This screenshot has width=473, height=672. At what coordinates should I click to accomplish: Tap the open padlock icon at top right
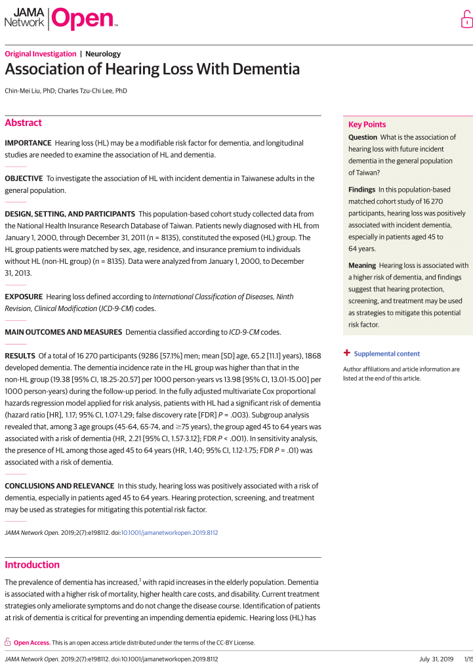tap(466, 20)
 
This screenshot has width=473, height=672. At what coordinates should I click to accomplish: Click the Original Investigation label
tap(40, 54)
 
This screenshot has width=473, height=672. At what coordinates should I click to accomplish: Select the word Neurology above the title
tap(103, 54)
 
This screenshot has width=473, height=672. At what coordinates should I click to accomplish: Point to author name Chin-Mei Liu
tap(29, 91)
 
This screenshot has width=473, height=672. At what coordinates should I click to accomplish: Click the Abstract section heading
tap(23, 123)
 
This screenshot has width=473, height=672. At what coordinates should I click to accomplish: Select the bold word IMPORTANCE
tap(28, 142)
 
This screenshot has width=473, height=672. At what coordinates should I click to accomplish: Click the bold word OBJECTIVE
tap(24, 178)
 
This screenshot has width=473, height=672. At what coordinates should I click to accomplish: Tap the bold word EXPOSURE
tap(23, 297)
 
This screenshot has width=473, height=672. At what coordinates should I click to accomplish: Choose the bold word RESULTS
tap(20, 356)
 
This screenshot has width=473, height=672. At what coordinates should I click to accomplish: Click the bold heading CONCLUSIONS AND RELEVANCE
tap(58, 486)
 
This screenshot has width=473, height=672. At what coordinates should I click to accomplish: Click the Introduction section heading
tap(32, 564)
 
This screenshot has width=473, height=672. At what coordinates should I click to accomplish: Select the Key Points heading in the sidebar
tap(367, 125)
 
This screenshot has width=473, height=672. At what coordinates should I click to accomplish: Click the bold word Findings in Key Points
tap(362, 190)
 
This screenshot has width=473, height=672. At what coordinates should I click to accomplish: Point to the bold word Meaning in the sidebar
tap(362, 265)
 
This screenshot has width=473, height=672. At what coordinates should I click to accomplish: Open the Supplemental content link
tap(386, 354)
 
